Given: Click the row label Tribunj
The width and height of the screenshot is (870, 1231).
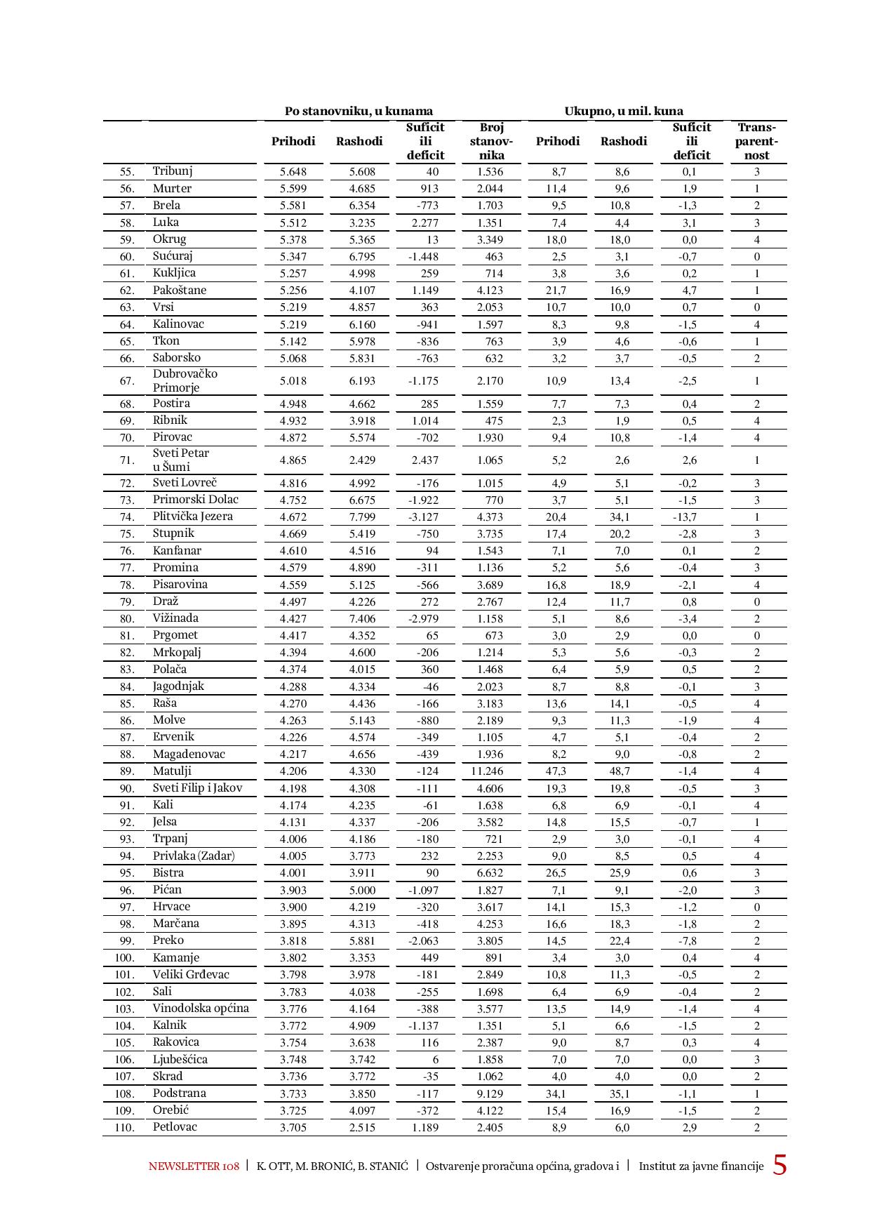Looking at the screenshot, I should click(x=173, y=171).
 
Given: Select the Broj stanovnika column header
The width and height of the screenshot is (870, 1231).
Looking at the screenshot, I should click(x=491, y=141).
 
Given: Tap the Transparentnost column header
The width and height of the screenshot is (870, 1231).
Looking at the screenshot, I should click(x=756, y=141).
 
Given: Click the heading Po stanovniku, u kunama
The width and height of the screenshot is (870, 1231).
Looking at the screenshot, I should click(x=359, y=111).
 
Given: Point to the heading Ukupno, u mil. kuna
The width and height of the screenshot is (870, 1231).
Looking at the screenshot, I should click(x=624, y=111).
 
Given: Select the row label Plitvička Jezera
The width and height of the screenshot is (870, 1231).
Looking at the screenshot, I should click(x=193, y=517).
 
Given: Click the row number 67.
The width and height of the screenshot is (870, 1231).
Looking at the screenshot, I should click(x=126, y=381).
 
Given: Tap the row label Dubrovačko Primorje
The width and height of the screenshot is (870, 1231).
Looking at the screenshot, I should click(x=185, y=380).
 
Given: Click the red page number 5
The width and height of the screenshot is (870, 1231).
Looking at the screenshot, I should click(x=779, y=1166).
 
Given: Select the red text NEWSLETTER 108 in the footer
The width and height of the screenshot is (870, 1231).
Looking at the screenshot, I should click(x=194, y=1166).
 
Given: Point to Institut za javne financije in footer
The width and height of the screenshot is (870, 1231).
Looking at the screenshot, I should click(x=700, y=1166).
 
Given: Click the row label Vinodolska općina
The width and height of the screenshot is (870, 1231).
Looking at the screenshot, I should click(x=201, y=1009).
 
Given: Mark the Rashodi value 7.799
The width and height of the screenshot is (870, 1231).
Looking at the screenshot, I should click(x=362, y=517).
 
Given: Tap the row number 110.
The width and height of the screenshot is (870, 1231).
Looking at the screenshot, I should click(x=123, y=1128).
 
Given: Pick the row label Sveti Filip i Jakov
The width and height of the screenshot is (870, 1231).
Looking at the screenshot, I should click(x=197, y=788).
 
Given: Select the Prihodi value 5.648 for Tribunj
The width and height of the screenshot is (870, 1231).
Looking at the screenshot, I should click(x=293, y=172).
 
